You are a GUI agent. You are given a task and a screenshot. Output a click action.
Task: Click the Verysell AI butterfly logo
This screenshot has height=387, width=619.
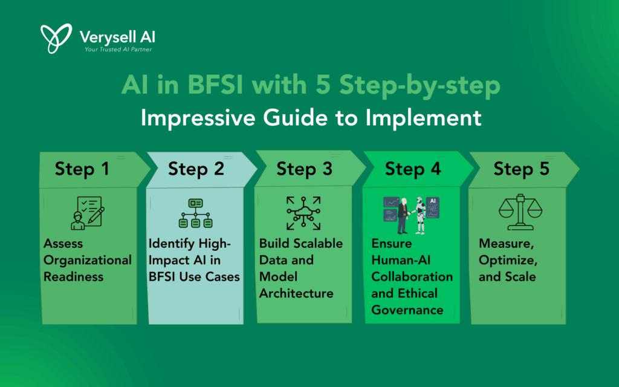click(x=56, y=38)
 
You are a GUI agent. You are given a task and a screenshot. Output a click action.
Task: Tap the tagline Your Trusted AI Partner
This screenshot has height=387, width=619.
click(x=118, y=50)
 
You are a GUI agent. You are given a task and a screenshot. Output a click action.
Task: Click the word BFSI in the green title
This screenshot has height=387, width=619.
click(x=215, y=85)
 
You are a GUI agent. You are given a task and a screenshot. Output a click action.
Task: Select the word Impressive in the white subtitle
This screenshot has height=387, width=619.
click(x=198, y=117)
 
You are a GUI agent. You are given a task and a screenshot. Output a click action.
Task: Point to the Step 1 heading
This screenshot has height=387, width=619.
click(x=82, y=169)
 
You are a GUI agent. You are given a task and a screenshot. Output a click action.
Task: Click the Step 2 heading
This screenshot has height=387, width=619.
click(x=196, y=169)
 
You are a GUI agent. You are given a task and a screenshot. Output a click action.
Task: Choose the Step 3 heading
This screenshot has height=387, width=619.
click(x=305, y=169)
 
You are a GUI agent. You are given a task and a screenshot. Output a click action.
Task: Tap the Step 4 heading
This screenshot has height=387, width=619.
click(x=413, y=169)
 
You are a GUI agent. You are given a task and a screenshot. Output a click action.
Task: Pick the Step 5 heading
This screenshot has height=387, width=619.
click(x=522, y=169)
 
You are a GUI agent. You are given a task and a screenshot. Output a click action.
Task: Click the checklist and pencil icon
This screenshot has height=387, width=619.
click(x=88, y=213)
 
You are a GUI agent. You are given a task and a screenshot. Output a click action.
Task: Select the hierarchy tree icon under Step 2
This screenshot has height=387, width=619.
click(x=196, y=213)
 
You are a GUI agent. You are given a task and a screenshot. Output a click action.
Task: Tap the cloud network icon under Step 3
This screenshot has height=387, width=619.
click(x=303, y=213)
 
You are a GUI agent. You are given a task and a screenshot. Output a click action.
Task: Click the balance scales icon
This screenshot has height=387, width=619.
click(x=520, y=212)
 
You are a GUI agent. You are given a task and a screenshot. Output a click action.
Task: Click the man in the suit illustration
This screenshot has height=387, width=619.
click(x=403, y=216)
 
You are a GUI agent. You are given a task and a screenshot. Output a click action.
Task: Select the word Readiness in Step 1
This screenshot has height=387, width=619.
click(x=73, y=277)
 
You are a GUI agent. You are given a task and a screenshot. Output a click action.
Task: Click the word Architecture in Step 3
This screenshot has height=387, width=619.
click(x=296, y=293)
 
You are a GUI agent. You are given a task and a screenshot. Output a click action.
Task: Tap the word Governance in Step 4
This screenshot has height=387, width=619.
click(x=407, y=310)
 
